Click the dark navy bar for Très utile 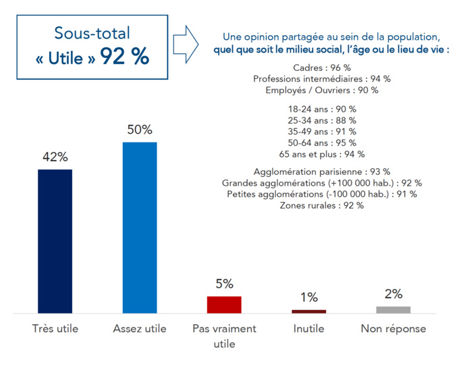[55, 241]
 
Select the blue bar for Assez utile [140, 228]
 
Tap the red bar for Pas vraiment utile [224, 305]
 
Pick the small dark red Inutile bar [309, 311]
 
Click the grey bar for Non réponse [393, 310]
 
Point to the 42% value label [55, 157]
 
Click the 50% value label [140, 130]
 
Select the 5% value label [224, 284]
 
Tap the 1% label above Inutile [309, 298]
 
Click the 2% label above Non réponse [393, 294]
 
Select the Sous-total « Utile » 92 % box [92, 46]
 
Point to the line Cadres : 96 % [322, 68]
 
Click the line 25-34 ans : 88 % [322, 120]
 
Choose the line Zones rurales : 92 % [322, 205]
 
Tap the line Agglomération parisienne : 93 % [322, 172]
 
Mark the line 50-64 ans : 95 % [322, 142]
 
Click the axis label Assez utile [140, 329]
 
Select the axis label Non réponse [393, 329]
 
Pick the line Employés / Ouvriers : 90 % [322, 90]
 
